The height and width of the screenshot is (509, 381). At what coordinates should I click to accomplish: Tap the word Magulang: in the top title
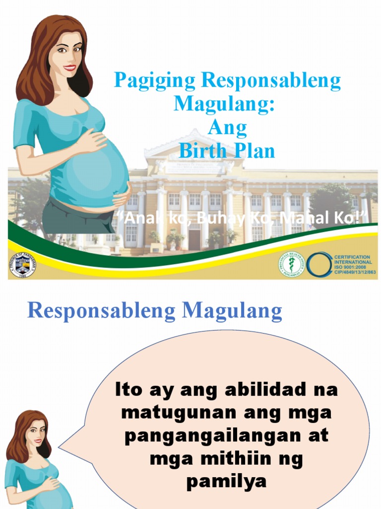224,104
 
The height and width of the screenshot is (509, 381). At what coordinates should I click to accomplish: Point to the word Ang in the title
227,128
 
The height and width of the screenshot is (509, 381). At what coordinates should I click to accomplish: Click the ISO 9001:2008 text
352,267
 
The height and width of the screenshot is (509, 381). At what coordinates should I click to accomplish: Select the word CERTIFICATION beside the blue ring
352,257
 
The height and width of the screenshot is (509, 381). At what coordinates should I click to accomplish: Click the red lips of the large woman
69,68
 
